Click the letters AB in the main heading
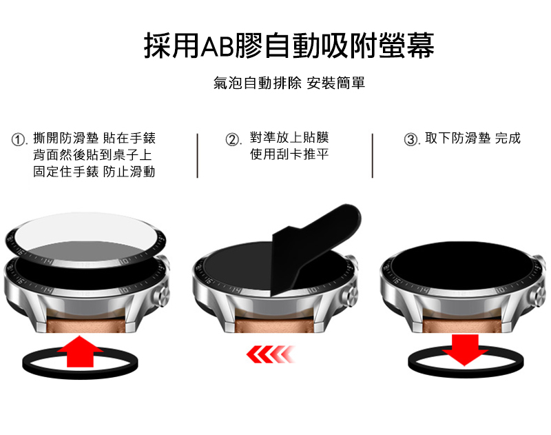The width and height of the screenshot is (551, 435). [218, 46]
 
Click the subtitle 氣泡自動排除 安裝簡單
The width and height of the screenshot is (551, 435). [289, 83]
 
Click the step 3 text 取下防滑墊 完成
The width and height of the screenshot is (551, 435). [472, 138]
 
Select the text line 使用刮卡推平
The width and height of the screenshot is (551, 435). [289, 154]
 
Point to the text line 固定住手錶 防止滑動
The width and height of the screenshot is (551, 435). [94, 172]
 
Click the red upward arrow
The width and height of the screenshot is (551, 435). [80, 352]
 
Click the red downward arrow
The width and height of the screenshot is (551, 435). [465, 350]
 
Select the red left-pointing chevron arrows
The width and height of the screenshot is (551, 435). [270, 354]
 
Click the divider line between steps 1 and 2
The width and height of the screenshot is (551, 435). [198, 155]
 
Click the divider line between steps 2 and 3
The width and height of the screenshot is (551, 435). [373, 155]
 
